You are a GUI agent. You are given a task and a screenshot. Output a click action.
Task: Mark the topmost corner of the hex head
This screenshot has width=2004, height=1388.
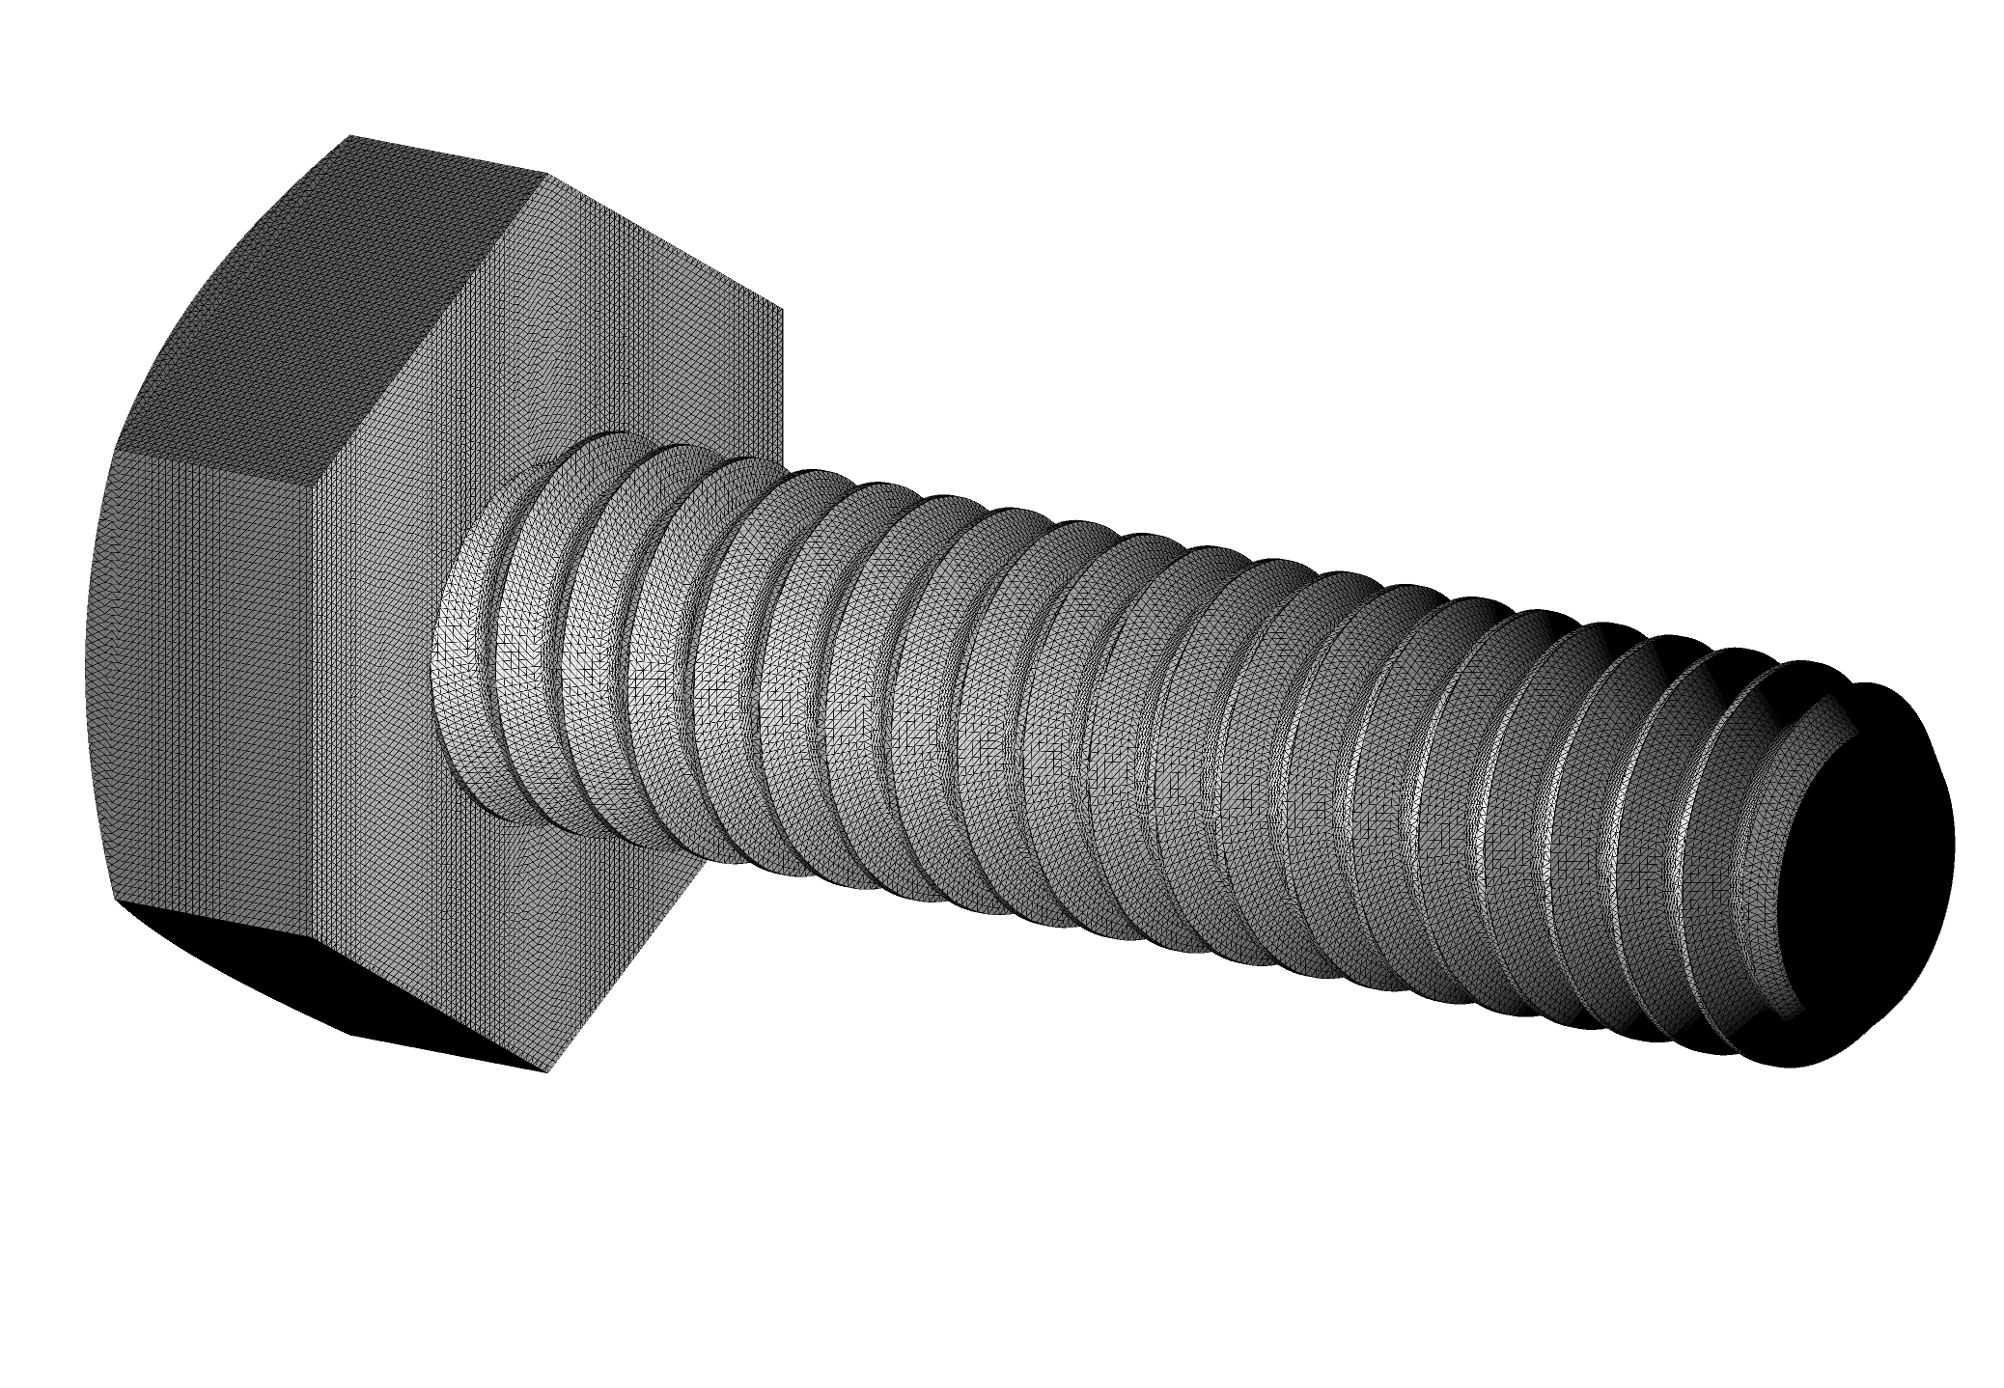pos(349,136)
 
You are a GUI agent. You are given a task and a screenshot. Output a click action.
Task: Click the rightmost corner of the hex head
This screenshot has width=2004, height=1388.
pos(782,311)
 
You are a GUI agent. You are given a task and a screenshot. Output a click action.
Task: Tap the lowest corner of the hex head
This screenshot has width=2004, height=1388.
pos(550,1070)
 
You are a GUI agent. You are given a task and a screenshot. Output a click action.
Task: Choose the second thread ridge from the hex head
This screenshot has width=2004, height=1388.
pos(541,656)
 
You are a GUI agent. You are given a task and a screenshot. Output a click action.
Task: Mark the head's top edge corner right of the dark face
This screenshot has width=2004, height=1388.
pos(548,175)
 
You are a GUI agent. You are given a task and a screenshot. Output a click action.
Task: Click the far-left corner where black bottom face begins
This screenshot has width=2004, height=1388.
pos(117,901)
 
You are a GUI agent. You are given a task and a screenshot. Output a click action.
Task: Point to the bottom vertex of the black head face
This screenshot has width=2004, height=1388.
pos(550,1070)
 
